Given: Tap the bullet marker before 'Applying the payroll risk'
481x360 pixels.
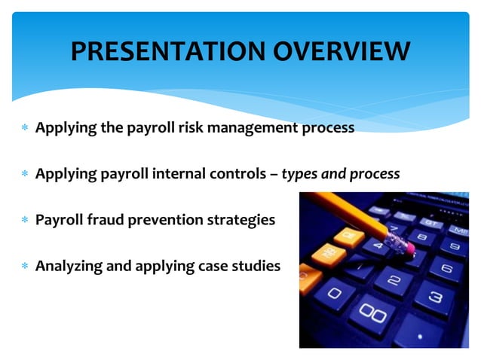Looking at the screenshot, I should point(25,129).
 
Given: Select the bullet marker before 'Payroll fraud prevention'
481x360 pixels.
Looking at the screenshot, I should point(25,221).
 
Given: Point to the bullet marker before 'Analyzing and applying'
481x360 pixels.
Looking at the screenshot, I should point(25,266).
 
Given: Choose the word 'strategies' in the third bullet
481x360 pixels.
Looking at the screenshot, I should point(242,221).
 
